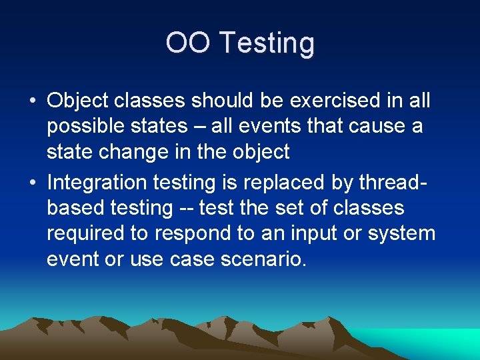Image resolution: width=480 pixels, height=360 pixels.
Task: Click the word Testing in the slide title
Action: coord(267,43)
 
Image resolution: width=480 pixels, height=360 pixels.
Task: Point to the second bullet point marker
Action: coord(33,183)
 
